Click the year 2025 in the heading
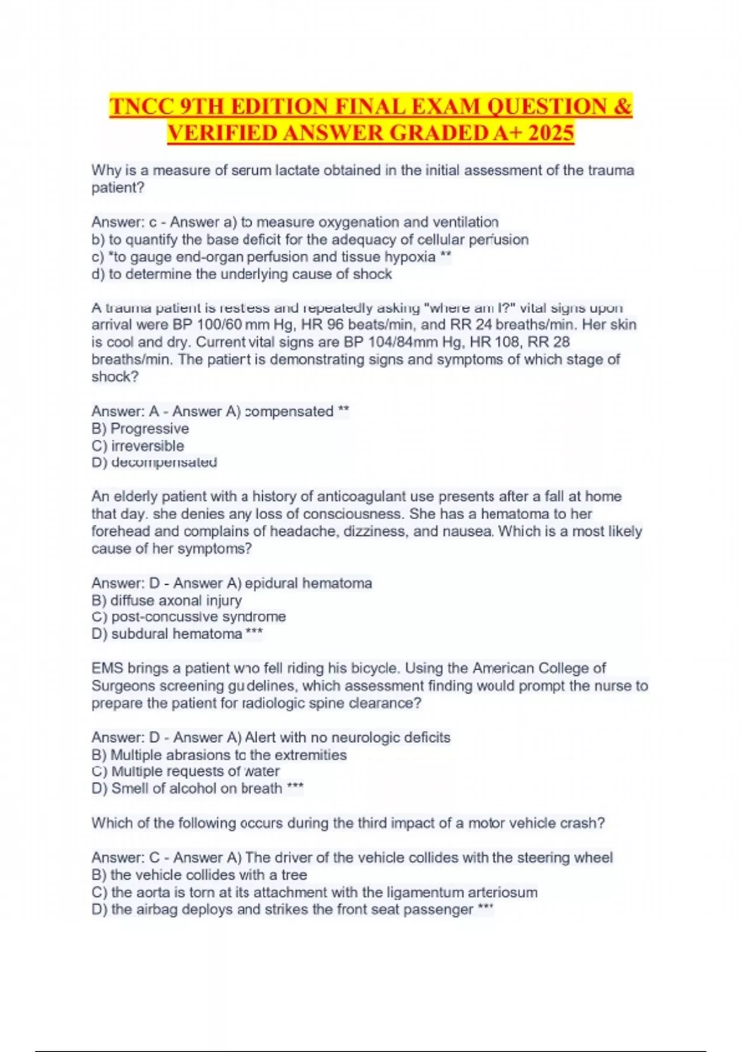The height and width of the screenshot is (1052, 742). point(551,132)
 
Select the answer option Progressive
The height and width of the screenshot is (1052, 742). point(150,428)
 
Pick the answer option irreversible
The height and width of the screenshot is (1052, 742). point(147,446)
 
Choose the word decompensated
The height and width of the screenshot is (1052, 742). point(164,462)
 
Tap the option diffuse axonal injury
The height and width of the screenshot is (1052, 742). point(176,600)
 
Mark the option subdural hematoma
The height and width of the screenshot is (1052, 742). point(176,634)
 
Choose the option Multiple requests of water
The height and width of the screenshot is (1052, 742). point(195,772)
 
